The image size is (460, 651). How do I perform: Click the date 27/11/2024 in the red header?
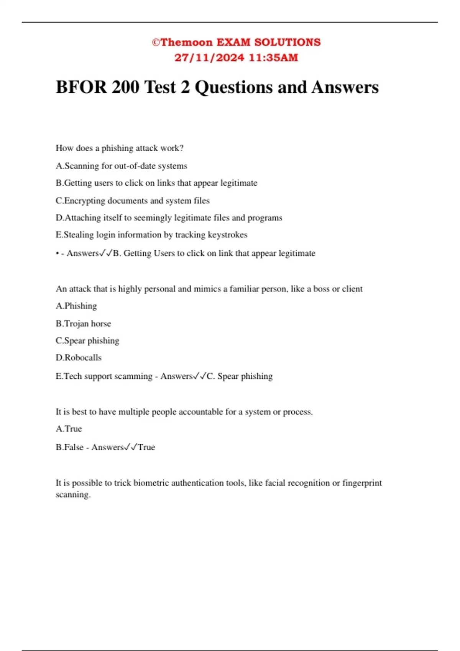point(209,58)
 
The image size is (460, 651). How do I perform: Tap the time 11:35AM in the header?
point(273,58)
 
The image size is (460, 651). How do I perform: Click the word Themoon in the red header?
point(186,42)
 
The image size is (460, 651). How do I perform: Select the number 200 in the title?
point(125,87)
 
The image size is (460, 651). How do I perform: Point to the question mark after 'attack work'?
point(182,148)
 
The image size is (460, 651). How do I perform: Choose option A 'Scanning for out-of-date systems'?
point(122,166)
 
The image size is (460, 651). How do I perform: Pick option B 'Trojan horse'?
point(83,324)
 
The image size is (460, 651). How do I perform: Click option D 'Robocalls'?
point(79,358)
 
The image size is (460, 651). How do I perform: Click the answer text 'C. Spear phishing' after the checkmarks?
point(240,376)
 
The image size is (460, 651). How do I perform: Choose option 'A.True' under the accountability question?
point(69,429)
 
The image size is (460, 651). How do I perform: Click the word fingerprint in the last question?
point(362,483)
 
